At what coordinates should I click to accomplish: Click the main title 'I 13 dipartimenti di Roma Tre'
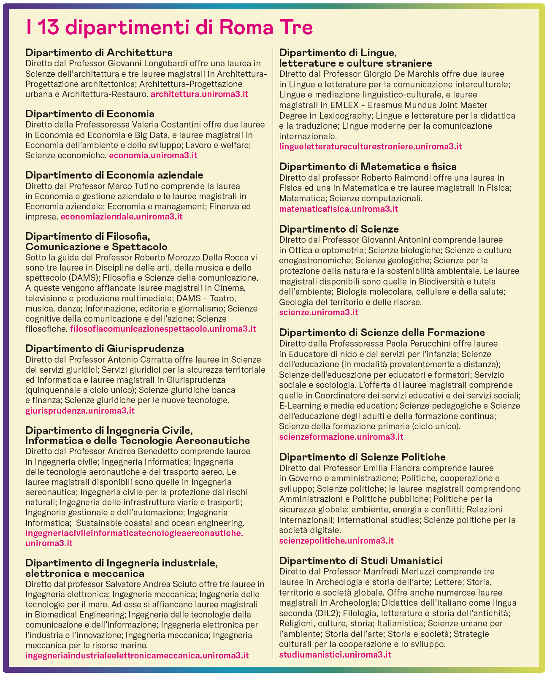(169, 28)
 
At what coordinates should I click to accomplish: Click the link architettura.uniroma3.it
(199, 94)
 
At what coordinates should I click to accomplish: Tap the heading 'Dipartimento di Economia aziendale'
(114, 175)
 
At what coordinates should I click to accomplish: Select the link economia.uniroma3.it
(153, 155)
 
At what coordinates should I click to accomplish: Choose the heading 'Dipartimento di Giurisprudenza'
(105, 349)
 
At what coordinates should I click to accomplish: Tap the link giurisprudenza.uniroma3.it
(80, 410)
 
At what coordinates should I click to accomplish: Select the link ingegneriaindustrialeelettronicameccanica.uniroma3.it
(137, 655)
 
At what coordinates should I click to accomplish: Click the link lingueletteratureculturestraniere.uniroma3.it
(371, 146)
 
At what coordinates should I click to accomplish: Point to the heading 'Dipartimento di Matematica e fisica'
(368, 167)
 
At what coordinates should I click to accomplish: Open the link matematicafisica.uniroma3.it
(338, 209)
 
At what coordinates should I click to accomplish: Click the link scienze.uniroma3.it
(319, 312)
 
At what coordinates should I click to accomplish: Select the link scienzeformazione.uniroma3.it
(341, 437)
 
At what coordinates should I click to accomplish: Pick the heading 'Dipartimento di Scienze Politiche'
(363, 457)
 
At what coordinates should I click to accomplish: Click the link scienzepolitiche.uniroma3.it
(336, 541)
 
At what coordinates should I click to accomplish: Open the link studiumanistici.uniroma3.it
(335, 655)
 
